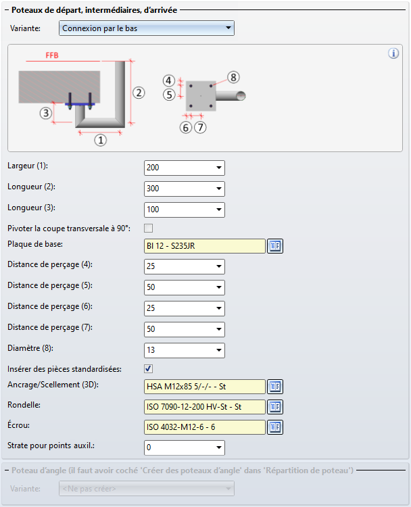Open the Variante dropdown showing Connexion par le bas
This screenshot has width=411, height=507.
coord(147,28)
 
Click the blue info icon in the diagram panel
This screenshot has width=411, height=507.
coord(393,53)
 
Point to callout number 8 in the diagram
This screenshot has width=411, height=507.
coord(233,77)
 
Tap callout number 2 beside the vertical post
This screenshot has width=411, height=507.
coord(139,93)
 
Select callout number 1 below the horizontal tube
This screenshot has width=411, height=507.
coord(100,141)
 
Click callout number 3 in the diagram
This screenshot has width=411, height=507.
coord(45,113)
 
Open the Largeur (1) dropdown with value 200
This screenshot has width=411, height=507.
coord(184,168)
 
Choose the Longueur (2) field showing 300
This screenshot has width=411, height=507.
coord(184,189)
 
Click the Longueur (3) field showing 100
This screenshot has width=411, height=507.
coord(184,210)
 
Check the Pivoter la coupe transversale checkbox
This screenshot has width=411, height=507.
coord(149,228)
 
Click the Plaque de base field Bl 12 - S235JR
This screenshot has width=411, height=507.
coord(204,246)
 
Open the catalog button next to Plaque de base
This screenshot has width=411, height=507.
coord(274,246)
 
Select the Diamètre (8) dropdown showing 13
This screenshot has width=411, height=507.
coord(184,350)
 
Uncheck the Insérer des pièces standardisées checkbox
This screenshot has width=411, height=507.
coord(149,368)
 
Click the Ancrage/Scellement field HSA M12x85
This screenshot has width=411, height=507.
coord(204,387)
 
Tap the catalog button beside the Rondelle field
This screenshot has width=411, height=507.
coord(274,407)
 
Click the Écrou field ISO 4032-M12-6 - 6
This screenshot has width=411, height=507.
coord(204,427)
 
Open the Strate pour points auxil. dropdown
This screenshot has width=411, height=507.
coord(184,448)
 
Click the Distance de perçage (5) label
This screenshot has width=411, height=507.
coord(49,285)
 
